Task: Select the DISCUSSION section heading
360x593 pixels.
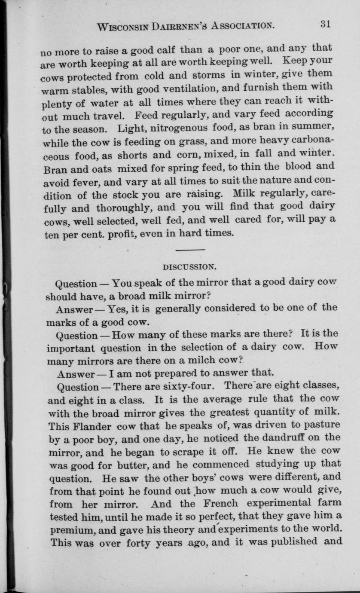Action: [x=190, y=266]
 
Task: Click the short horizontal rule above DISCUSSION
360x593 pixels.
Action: [x=190, y=250]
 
